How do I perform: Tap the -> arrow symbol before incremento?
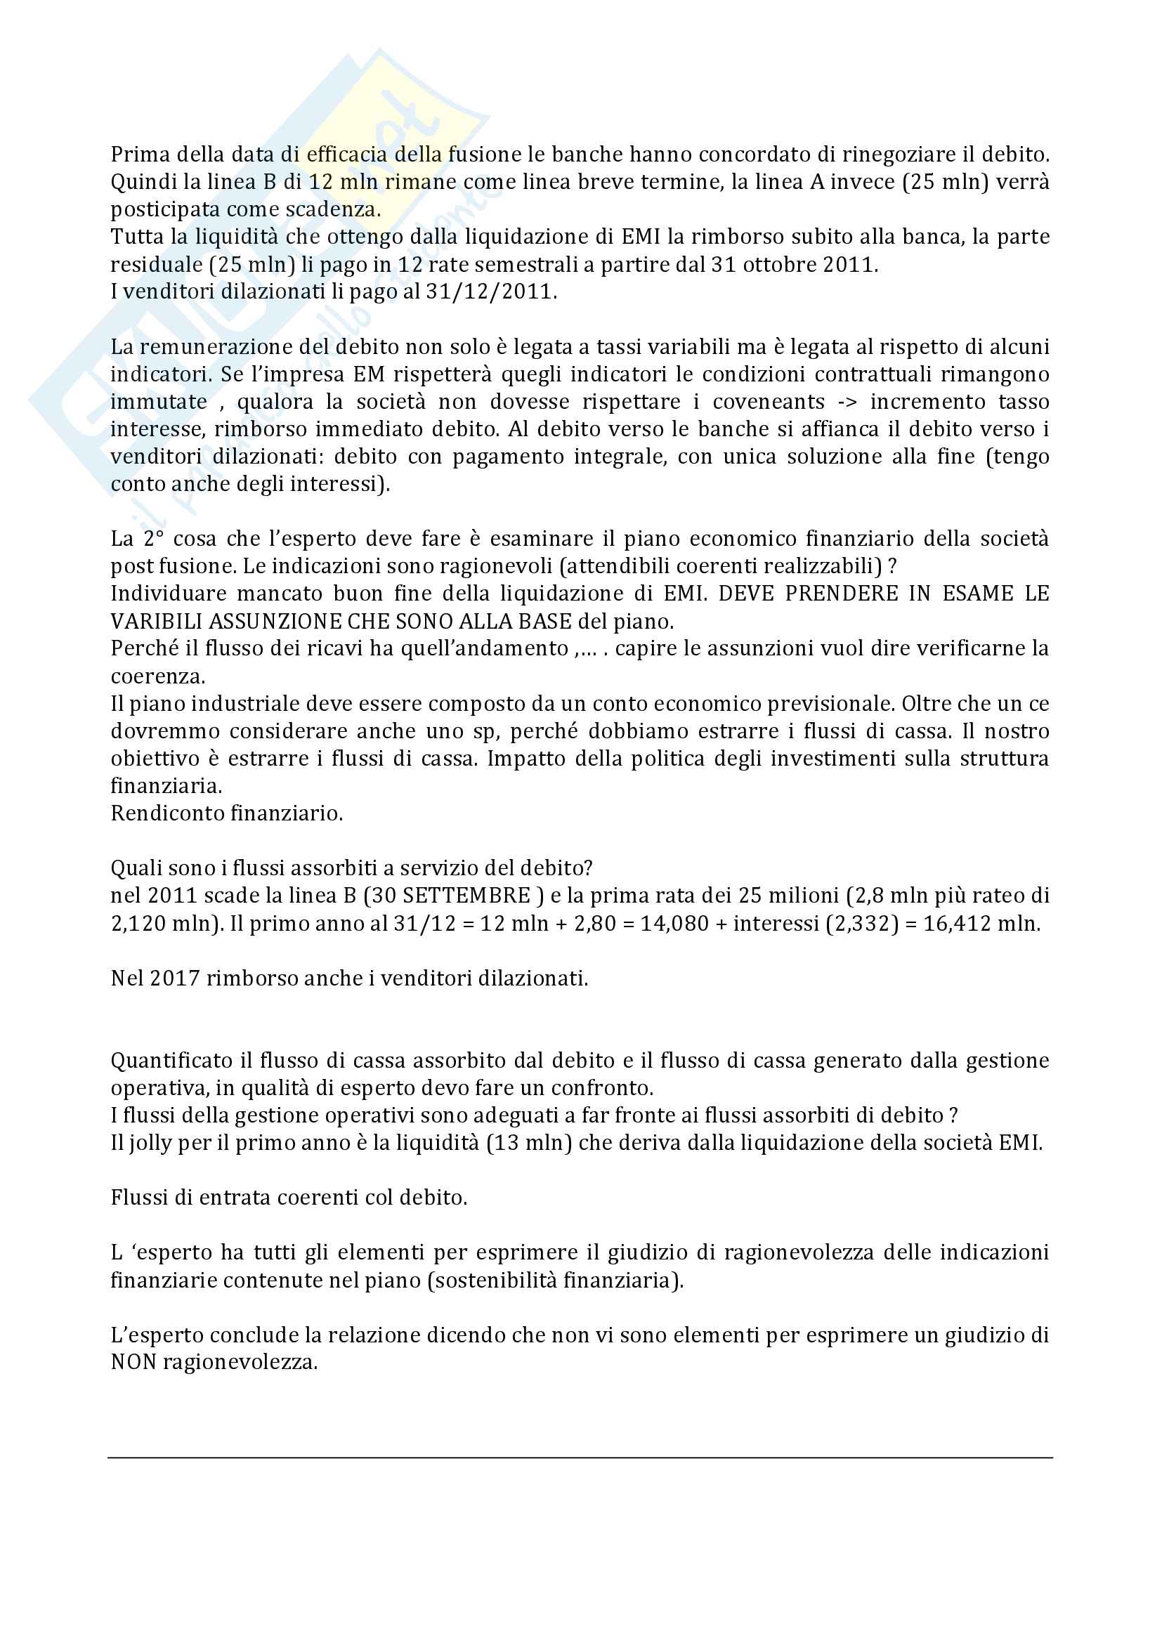pyautogui.click(x=847, y=402)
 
